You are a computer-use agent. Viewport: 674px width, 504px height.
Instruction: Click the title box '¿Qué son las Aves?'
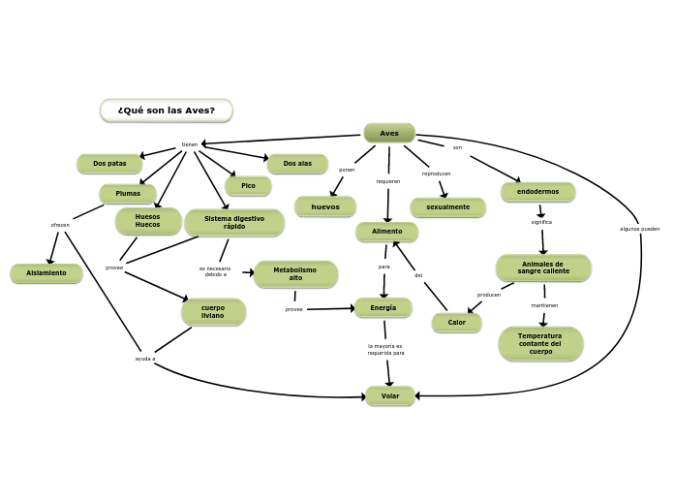pyautogui.click(x=166, y=110)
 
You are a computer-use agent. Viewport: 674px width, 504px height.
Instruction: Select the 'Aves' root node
pyautogui.click(x=389, y=133)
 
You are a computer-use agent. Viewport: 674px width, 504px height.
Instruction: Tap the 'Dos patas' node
pyautogui.click(x=109, y=164)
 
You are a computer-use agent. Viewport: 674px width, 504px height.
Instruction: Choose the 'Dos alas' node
pyautogui.click(x=297, y=164)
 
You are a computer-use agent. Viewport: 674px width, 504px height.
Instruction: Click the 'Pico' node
pyautogui.click(x=248, y=185)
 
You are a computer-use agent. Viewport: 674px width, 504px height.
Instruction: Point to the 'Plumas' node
pyautogui.click(x=128, y=194)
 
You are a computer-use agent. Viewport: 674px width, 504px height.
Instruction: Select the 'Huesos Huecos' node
pyautogui.click(x=148, y=221)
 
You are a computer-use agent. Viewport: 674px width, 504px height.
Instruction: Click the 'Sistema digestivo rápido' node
pyautogui.click(x=234, y=222)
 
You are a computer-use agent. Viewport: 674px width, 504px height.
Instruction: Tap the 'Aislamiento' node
pyautogui.click(x=46, y=273)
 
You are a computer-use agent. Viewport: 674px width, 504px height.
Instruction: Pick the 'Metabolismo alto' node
pyautogui.click(x=295, y=274)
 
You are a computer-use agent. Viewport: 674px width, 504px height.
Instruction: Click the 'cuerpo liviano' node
pyautogui.click(x=213, y=312)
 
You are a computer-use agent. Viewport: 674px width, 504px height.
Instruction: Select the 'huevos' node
pyautogui.click(x=325, y=206)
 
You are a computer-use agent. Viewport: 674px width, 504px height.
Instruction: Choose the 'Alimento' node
pyautogui.click(x=386, y=232)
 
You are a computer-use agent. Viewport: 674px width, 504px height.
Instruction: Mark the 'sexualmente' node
pyautogui.click(x=447, y=207)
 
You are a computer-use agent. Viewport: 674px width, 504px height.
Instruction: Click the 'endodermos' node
pyautogui.click(x=537, y=192)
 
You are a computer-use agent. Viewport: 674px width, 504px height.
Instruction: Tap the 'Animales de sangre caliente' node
pyautogui.click(x=543, y=268)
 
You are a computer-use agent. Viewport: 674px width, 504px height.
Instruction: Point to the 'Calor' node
pyautogui.click(x=456, y=323)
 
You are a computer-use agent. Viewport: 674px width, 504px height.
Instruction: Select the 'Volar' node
pyautogui.click(x=390, y=395)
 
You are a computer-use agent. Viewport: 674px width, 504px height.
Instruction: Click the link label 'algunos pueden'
pyautogui.click(x=639, y=229)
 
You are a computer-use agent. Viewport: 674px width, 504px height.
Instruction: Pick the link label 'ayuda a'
pyautogui.click(x=145, y=359)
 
